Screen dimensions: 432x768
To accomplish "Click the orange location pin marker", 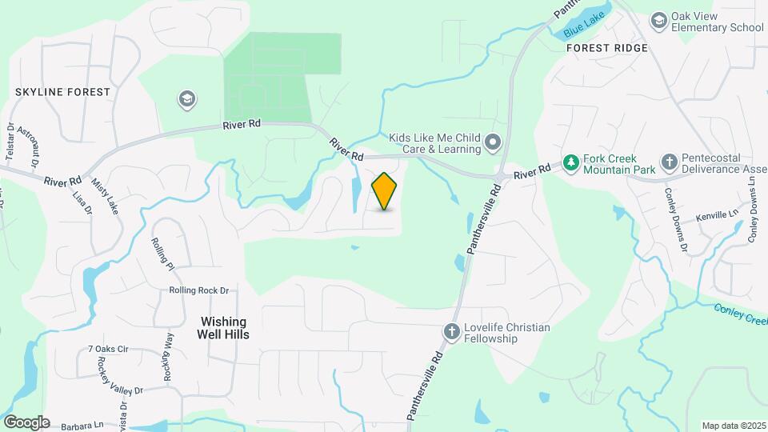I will pos(385,191).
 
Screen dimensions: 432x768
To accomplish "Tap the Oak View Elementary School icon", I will pos(659,20).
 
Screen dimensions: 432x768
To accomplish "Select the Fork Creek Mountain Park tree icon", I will pos(570,163).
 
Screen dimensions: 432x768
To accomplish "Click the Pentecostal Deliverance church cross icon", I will pos(670,163).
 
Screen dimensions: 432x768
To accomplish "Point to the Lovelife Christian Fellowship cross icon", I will pos(451,331).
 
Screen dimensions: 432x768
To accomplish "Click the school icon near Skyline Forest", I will pos(187,99).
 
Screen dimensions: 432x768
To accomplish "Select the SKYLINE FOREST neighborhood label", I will pos(62,92).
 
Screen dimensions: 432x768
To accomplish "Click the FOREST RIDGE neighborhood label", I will pos(606,48).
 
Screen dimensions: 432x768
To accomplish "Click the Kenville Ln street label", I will pos(716,214).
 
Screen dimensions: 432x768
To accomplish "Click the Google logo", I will pos(26,422).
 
